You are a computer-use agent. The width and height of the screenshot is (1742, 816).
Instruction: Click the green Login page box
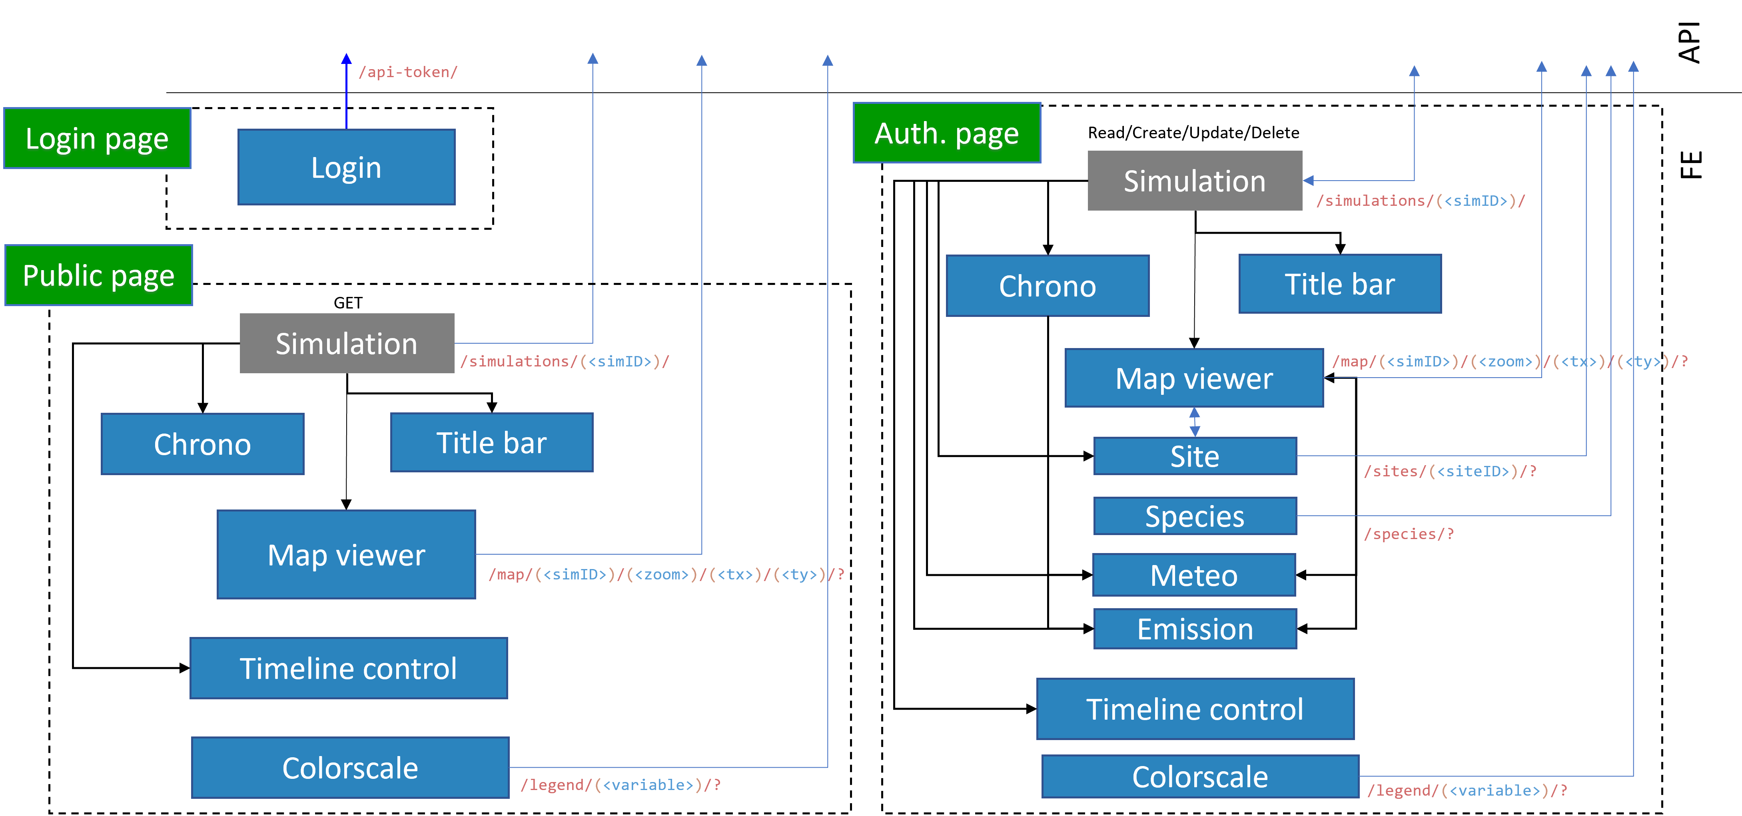point(98,138)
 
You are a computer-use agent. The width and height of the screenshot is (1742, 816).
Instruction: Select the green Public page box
point(99,275)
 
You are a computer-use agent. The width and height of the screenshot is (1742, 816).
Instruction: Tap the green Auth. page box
point(947,133)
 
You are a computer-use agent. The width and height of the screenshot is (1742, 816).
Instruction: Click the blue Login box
point(346,167)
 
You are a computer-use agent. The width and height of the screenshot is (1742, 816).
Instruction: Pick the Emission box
point(1195,629)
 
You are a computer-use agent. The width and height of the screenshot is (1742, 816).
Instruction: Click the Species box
point(1195,517)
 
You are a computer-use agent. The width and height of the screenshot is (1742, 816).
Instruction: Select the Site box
point(1195,456)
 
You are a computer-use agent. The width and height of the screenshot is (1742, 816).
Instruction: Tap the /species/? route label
point(1409,534)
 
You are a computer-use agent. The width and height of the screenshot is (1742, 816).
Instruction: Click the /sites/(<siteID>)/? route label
point(1450,471)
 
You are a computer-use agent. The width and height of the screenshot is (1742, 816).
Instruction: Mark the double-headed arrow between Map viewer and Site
point(1195,422)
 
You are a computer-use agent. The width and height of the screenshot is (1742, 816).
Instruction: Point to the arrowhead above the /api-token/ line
point(346,59)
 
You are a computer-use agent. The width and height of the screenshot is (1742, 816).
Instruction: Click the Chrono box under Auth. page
point(1048,286)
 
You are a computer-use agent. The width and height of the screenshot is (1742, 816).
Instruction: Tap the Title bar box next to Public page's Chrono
point(492,443)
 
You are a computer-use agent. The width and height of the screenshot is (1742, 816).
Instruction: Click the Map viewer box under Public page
point(346,554)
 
